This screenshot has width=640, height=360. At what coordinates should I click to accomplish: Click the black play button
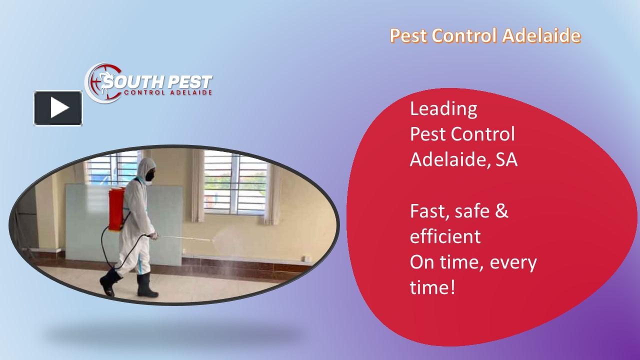click(58, 108)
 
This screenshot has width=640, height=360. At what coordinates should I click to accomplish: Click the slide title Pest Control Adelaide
click(485, 36)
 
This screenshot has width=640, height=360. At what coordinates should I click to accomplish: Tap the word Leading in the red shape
click(443, 109)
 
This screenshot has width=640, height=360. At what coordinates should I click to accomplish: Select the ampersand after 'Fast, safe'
click(502, 211)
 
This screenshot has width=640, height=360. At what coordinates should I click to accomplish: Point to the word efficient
click(445, 236)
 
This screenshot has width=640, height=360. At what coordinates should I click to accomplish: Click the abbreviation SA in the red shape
click(506, 160)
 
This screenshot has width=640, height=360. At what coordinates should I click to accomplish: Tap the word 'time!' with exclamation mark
click(432, 288)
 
